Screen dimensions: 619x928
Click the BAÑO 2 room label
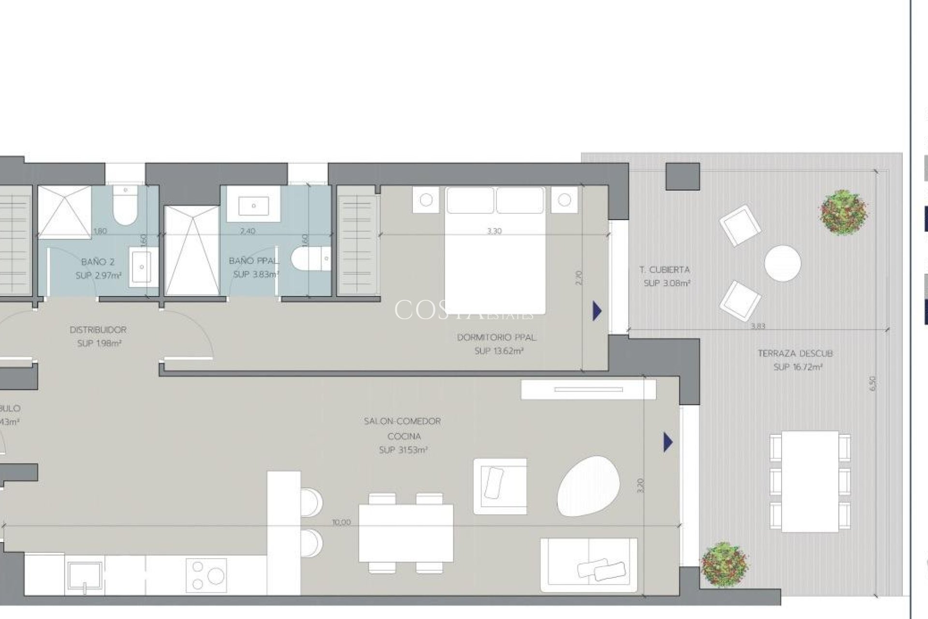click(x=98, y=262)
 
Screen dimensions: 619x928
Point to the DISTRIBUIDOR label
click(x=98, y=330)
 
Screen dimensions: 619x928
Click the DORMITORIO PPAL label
click(x=496, y=338)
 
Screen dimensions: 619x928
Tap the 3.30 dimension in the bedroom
click(x=494, y=231)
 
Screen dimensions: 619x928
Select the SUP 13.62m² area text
click(x=499, y=351)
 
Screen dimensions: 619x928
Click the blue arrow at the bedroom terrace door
click(x=597, y=311)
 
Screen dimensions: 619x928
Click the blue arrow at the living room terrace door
click(x=668, y=442)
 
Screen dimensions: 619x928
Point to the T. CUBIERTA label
click(x=665, y=270)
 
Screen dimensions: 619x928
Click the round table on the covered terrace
click(x=783, y=263)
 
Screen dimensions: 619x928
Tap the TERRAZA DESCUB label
click(x=795, y=354)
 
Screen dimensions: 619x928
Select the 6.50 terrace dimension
click(x=872, y=383)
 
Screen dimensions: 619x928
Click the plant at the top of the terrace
click(x=843, y=212)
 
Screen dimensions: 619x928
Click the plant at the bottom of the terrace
click(x=724, y=564)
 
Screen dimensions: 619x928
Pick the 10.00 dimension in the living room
click(x=341, y=522)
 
